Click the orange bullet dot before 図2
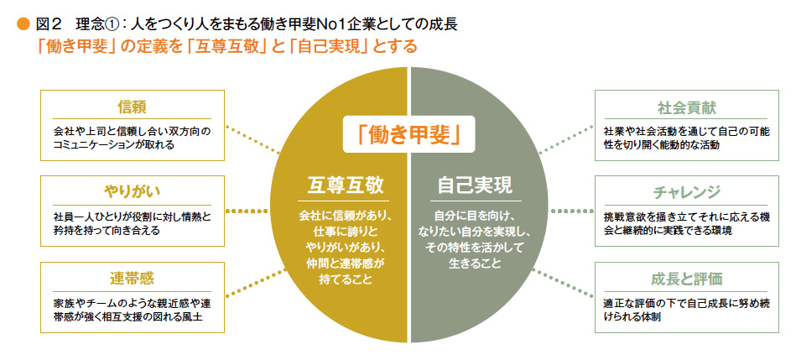23,24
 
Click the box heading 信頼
132,107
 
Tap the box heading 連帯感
132,279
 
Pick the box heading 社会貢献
686,107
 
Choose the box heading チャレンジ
686,193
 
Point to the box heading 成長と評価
686,279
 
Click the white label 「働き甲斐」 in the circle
408,134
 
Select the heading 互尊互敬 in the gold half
346,185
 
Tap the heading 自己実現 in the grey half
475,185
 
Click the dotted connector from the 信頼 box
252,139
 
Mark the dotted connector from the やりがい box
247,211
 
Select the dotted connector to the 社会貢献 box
566,138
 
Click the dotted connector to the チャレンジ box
572,211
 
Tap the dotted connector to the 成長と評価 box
564,282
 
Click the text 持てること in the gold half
346,279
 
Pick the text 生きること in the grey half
475,263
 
